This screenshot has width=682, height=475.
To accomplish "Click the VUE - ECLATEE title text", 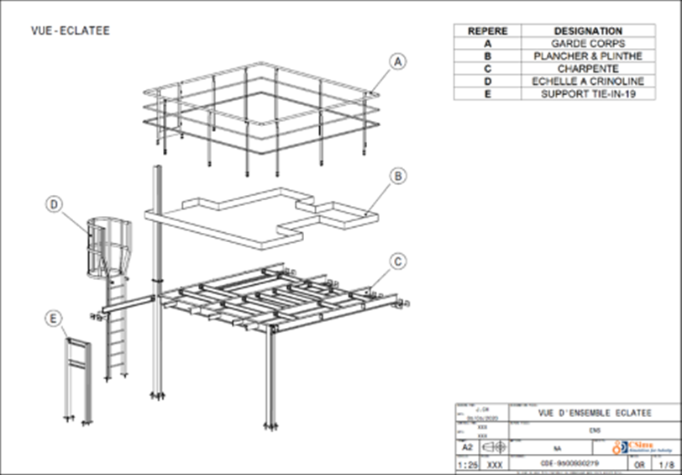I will pos(71,31).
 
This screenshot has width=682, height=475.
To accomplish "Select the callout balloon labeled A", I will pos(398,61).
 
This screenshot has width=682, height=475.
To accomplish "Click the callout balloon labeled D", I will pos(54,203).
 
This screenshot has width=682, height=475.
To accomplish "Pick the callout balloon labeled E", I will pos(54,318).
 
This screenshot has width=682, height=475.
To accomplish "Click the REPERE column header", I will pos(487,31).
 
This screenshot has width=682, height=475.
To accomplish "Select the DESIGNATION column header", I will pos(588,31).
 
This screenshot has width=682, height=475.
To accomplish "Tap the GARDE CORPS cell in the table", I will pos(588,44).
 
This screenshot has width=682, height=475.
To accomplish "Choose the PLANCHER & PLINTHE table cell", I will pos(588,56).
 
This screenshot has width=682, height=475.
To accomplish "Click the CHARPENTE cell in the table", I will pos(588,69).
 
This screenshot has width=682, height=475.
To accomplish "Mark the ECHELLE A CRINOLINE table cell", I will pos(588,82).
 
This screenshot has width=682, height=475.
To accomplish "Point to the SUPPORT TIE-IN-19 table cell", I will pos(588,94).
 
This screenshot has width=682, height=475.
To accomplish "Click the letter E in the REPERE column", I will pos(487,94).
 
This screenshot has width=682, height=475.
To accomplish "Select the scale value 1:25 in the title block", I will pos(465,463).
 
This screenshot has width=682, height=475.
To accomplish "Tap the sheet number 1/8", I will pos(666,463).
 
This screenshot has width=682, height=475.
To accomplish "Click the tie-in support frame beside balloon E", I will pos(77,378).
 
